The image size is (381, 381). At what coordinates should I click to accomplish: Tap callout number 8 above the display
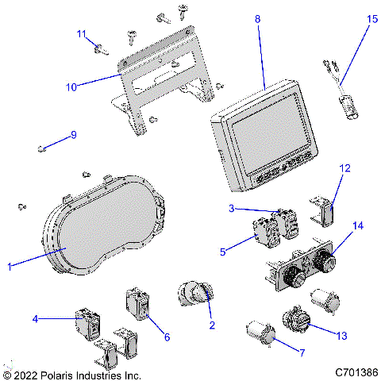coord(257,17)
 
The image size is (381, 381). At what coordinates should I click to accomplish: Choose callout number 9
coord(73,135)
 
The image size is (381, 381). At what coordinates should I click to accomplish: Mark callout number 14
coord(358,226)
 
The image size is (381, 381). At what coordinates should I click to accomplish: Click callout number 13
coord(342,337)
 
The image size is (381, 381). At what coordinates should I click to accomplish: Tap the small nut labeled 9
coord(43,148)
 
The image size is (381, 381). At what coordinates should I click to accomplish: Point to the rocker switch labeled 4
coord(87,322)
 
